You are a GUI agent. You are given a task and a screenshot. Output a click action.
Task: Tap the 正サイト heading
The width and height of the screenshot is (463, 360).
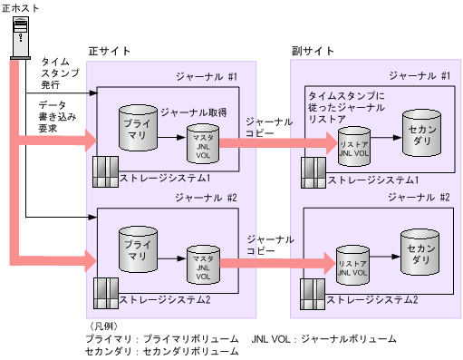pyautogui.click(x=108, y=51)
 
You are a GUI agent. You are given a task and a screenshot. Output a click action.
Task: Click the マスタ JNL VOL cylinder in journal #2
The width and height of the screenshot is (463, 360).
pyautogui.click(x=202, y=264)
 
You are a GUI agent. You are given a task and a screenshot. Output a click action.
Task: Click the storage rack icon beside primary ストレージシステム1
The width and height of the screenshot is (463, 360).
pyautogui.click(x=105, y=170)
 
